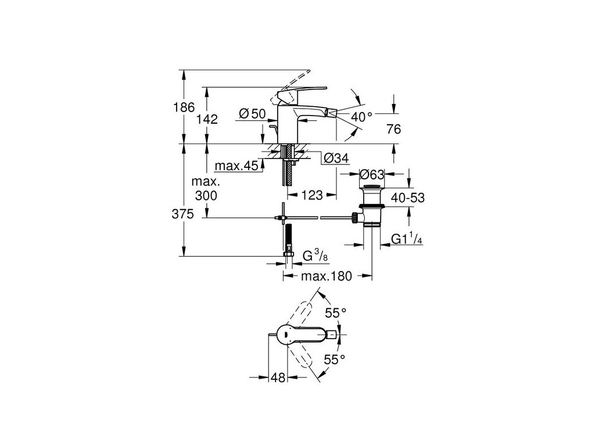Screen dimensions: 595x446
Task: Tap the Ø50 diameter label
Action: (x=252, y=114)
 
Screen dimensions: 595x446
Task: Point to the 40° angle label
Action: (x=361, y=116)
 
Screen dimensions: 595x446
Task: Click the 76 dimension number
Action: (x=393, y=130)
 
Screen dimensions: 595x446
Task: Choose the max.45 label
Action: (x=236, y=166)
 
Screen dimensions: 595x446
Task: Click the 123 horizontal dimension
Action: (x=312, y=196)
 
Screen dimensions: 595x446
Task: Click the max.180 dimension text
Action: (x=327, y=277)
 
